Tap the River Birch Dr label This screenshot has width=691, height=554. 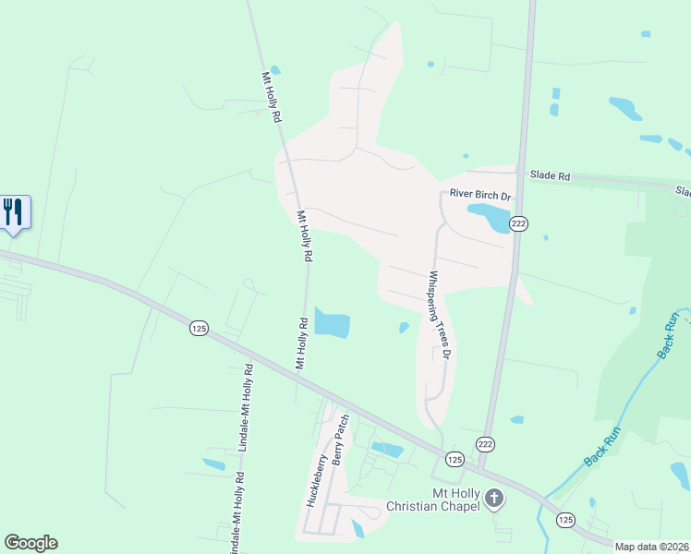[479, 196]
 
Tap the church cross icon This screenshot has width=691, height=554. [494, 499]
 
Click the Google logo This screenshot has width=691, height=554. [30, 543]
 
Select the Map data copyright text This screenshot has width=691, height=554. [652, 547]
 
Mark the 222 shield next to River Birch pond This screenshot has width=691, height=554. [518, 223]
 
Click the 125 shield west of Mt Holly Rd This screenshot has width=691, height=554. [198, 328]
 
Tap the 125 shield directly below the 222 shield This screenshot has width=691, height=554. [454, 459]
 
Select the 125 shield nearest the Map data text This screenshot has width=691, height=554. [565, 521]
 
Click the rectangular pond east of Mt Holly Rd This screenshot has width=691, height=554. [333, 323]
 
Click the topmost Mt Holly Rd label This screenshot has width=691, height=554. [271, 98]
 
